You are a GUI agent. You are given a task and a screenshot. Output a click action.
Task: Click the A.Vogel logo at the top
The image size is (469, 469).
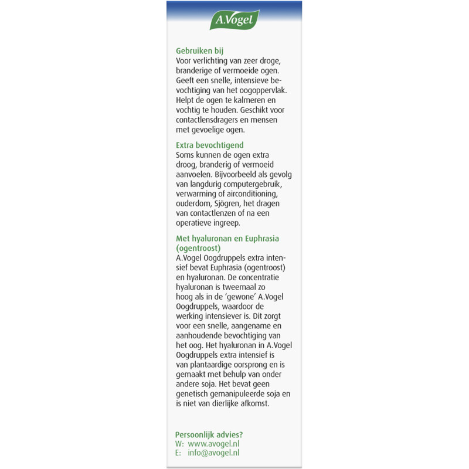pos(234,20)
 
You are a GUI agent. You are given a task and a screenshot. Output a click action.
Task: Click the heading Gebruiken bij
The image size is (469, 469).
pos(199,51)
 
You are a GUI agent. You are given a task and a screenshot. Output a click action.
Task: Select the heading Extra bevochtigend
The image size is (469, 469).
pos(209,145)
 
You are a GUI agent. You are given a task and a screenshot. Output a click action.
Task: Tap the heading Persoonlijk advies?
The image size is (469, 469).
pos(209,434)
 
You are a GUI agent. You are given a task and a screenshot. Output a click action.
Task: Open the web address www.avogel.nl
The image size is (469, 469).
pos(214,444)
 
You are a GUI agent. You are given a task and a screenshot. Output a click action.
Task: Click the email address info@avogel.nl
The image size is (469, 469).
pos(214,453)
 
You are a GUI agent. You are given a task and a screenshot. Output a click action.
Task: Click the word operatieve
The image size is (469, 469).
pos(196,223)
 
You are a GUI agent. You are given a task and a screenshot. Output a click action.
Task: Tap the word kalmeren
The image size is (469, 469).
pos(242,100)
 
